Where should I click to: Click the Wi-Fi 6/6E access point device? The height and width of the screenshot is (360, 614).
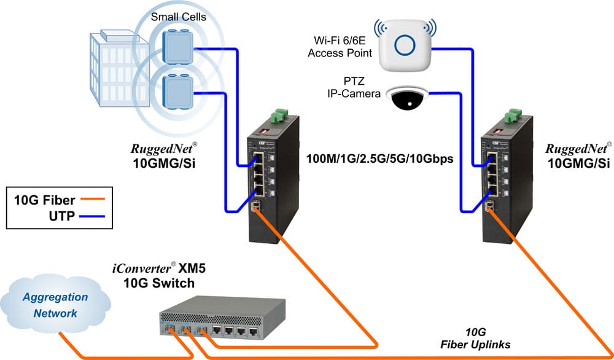click(x=405, y=45)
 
